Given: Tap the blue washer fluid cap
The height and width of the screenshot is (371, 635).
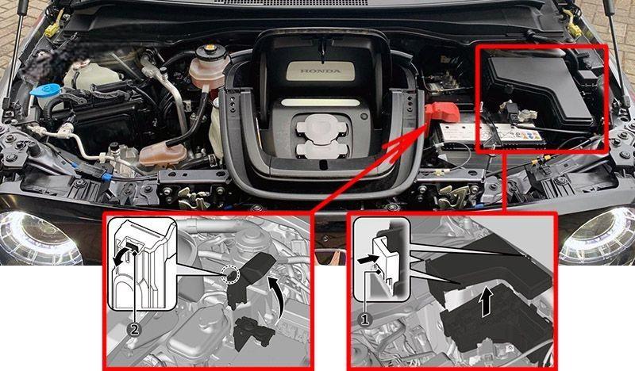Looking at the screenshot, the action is tap(44, 90).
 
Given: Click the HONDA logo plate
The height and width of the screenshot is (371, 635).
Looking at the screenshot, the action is tap(321, 71).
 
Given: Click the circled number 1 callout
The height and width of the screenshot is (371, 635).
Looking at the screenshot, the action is tap(365, 319).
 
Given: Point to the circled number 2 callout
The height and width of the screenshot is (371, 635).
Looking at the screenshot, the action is tap(134, 329).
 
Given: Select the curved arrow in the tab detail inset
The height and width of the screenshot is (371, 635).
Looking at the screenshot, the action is tap(122, 259).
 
